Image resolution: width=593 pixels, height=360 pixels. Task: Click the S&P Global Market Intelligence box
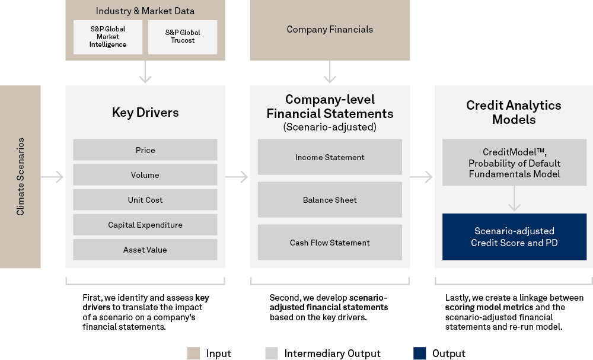tap(108, 37)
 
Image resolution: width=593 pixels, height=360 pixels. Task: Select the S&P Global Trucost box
tap(183, 37)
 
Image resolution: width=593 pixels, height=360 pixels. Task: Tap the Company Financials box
tap(330, 30)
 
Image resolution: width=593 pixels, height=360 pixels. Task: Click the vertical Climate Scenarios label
tap(20, 177)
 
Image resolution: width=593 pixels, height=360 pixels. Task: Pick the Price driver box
tap(145, 150)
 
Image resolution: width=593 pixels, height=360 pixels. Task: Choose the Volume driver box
tap(145, 175)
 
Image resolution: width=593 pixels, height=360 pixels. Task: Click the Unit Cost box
tap(145, 200)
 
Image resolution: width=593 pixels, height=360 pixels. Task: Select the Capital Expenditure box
tap(145, 225)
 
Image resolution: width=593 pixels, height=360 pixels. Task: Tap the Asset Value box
tap(145, 250)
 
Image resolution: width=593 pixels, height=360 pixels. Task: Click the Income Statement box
tap(330, 157)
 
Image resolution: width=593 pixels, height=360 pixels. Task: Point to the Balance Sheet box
tap(330, 200)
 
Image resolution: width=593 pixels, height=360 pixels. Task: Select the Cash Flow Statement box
tap(330, 243)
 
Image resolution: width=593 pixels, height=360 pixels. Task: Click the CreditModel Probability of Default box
tap(514, 163)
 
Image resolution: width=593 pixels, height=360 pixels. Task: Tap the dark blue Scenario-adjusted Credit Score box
tap(514, 237)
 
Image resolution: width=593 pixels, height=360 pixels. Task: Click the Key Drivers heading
tap(145, 113)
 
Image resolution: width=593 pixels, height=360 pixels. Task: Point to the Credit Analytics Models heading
tap(514, 112)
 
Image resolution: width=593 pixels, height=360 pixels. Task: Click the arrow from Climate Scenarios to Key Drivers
tap(53, 177)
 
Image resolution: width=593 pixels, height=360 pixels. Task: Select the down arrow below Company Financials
tap(330, 73)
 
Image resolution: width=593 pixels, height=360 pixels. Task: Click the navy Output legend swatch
tap(420, 353)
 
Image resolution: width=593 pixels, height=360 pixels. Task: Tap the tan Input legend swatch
tap(193, 353)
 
